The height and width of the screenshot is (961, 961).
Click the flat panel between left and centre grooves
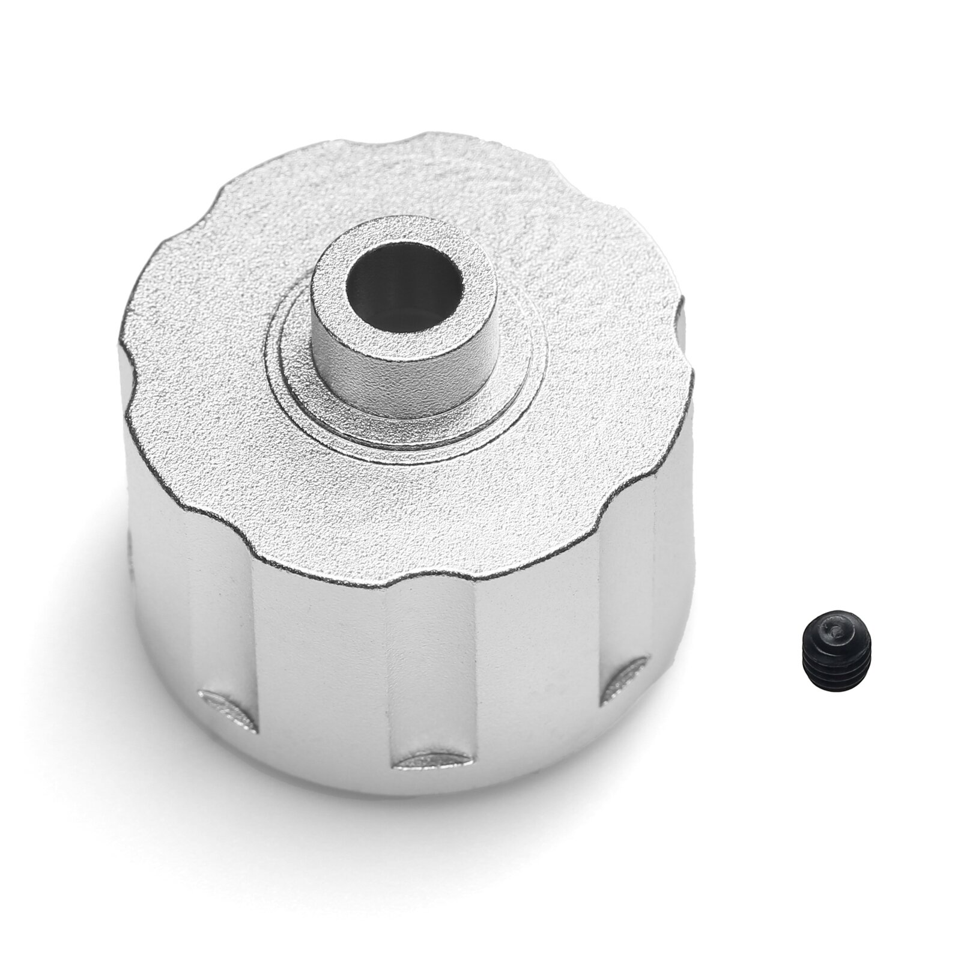(x=318, y=661)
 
